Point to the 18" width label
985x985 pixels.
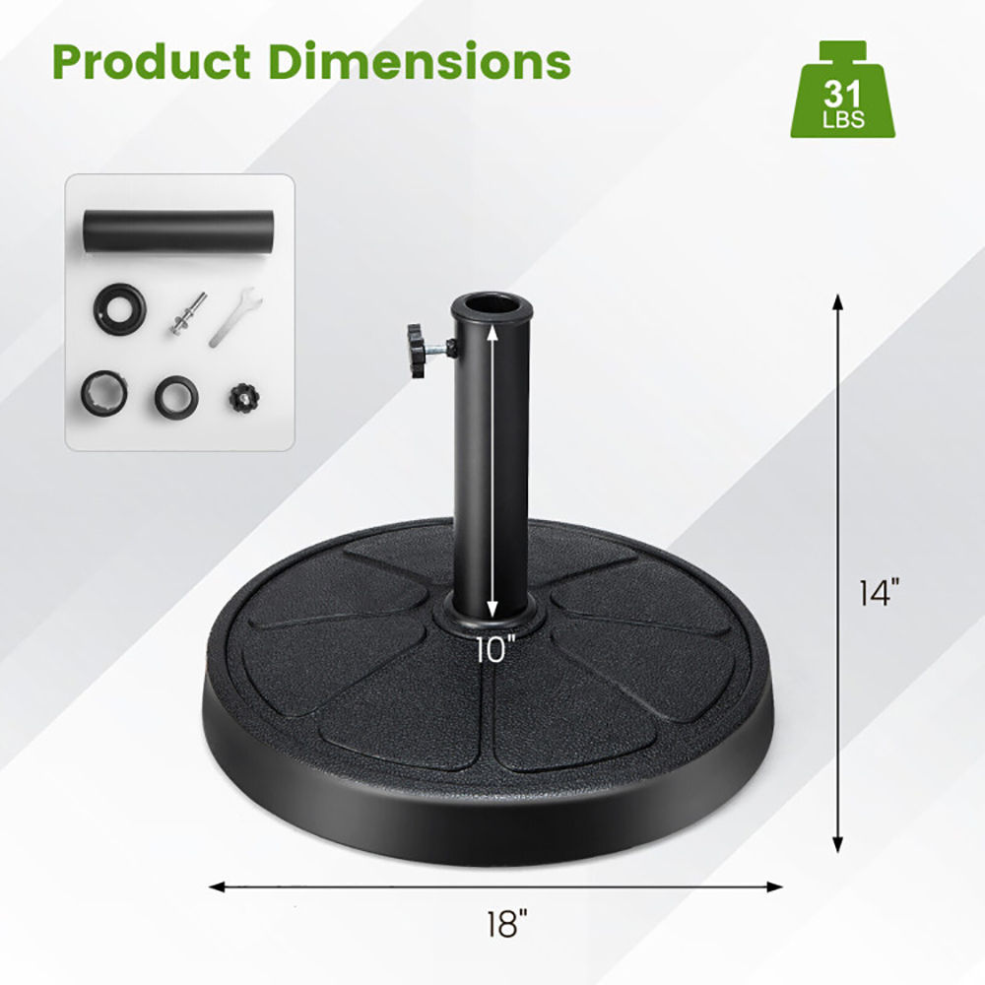[x=507, y=924]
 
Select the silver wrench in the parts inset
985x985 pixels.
[x=233, y=315]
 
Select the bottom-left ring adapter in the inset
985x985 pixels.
[x=105, y=391]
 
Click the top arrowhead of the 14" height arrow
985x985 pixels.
[x=838, y=300]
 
